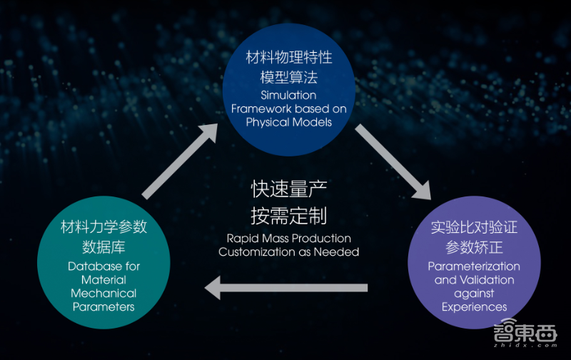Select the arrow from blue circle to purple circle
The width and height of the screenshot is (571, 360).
click(393, 161)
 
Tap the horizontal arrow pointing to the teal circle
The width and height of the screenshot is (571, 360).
click(285, 288)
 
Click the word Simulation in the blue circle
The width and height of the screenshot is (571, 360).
click(289, 95)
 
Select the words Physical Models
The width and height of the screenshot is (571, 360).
click(288, 121)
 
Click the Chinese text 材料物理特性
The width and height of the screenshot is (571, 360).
click(288, 56)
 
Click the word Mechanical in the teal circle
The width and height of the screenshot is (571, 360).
click(103, 294)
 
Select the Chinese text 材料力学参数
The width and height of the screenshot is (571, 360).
click(103, 227)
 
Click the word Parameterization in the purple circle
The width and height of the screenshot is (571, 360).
click(474, 266)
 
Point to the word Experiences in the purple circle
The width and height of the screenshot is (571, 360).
click(474, 307)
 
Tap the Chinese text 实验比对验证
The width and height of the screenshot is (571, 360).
click(474, 227)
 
